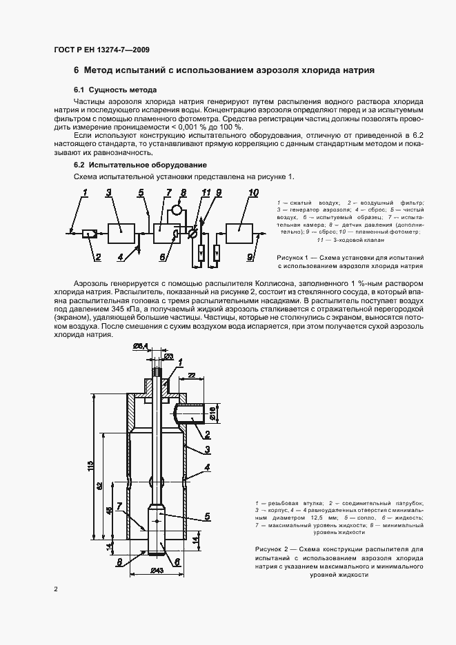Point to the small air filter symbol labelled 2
[88, 235]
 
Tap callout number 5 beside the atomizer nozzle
[207, 516]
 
